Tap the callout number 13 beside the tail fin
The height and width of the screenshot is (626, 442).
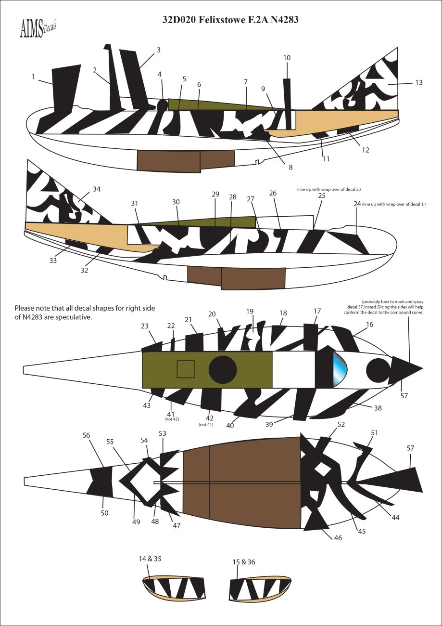418,83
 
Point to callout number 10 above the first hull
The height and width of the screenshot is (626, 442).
287,58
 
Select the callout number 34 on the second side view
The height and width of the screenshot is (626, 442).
97,189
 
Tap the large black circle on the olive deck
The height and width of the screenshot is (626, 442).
223,370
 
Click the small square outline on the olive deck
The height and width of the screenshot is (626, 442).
185,369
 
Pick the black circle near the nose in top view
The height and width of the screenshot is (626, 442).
378,370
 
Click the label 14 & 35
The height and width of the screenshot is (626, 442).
150,559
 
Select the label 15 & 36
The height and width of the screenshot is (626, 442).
244,562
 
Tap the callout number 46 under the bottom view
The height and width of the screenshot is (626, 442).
338,537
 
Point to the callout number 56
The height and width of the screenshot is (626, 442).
86,435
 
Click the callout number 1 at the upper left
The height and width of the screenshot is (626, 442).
33,76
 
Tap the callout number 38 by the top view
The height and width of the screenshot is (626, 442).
378,407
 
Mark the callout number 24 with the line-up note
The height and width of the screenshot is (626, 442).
357,204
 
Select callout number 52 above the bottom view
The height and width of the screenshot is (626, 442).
341,425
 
